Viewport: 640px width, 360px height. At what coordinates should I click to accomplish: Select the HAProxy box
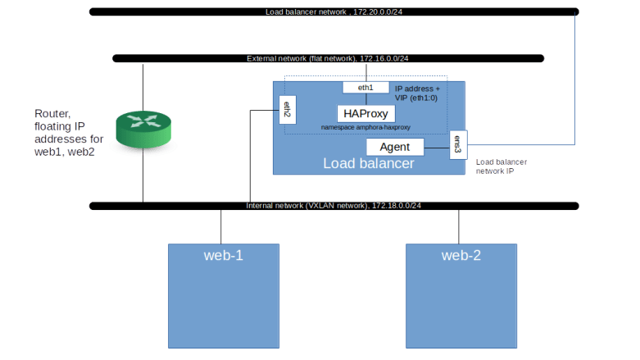(365, 114)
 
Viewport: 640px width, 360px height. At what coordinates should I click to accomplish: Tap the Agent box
(394, 147)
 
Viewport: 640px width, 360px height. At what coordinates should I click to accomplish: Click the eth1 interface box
(365, 87)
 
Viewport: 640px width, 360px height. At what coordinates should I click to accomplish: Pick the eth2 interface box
(287, 109)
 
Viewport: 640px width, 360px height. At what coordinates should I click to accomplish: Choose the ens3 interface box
(458, 144)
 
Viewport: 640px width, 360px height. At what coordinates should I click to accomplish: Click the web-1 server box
(223, 296)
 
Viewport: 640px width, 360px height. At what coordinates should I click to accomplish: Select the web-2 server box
(461, 296)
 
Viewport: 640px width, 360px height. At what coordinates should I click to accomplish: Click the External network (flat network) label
(328, 58)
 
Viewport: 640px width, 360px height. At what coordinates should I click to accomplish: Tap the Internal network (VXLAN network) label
(334, 204)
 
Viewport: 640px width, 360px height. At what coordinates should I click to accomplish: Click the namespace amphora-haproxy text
(365, 128)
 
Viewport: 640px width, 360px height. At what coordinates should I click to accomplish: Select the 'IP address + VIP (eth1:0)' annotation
(417, 93)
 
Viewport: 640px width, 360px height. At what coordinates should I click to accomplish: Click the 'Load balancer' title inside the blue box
(368, 164)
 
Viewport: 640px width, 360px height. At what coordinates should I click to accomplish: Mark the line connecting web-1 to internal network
(221, 226)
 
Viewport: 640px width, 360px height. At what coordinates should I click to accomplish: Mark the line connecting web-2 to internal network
(458, 226)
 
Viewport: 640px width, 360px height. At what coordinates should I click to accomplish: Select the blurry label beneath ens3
(501, 166)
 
